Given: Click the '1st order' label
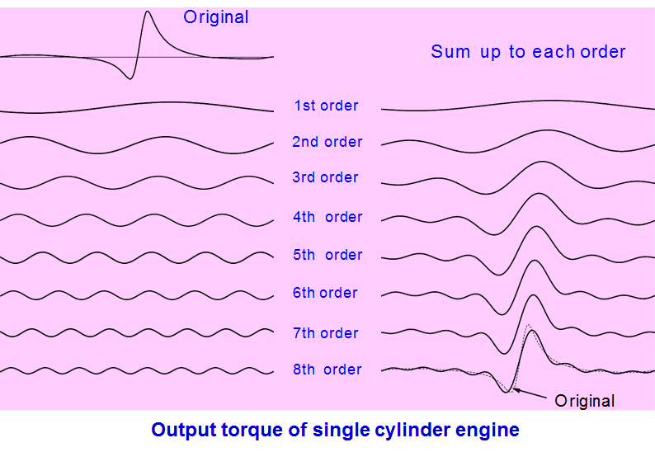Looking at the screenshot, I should [x=327, y=106].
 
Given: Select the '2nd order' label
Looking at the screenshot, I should [x=327, y=142].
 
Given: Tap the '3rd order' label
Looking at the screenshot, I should [x=325, y=177].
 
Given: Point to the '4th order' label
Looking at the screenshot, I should [x=327, y=217].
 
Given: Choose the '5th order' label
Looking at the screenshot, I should [x=327, y=255].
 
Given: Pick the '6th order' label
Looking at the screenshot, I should [x=325, y=293].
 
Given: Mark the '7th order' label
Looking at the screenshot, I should [x=326, y=333].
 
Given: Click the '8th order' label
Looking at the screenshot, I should [x=327, y=370].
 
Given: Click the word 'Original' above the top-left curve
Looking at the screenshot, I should [x=216, y=17].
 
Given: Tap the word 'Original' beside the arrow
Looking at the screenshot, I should [x=585, y=402].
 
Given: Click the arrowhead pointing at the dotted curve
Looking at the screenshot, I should [x=516, y=389].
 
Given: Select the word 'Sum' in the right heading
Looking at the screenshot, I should [x=450, y=52].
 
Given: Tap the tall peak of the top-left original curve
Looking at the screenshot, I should [x=147, y=12].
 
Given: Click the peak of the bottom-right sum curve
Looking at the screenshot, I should [x=530, y=318].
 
